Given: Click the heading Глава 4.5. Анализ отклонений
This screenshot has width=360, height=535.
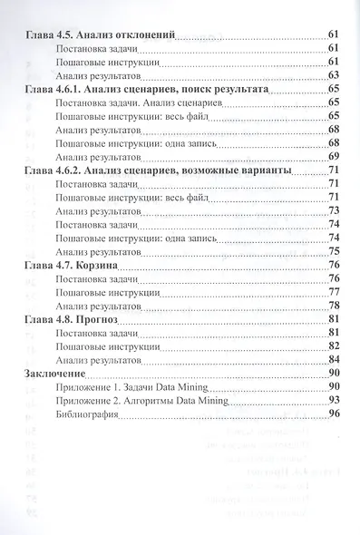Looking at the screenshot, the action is tap(97, 33).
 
